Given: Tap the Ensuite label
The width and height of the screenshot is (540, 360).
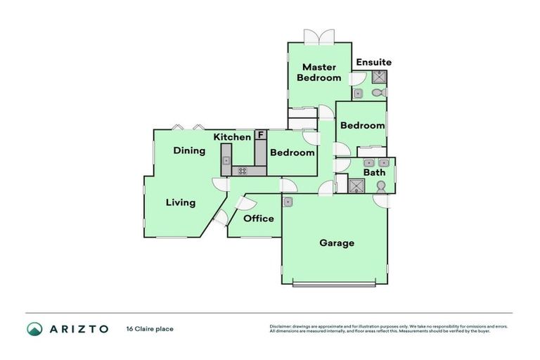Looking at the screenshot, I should point(373,62).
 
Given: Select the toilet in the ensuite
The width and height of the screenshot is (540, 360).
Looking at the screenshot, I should point(378,92).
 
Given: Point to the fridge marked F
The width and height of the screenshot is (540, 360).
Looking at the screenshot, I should point(260,134).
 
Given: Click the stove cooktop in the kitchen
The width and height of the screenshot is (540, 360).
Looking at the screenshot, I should point(243,170).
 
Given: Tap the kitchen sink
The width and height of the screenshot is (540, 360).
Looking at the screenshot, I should point(226,161).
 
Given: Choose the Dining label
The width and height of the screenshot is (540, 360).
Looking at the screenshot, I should point(189,150).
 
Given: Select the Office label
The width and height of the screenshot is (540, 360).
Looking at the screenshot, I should point(258,219).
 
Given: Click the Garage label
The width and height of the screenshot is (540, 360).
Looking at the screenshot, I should point(337,243).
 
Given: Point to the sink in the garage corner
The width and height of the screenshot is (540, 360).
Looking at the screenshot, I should point(288,202).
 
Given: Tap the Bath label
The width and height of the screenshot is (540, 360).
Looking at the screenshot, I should point(374,172).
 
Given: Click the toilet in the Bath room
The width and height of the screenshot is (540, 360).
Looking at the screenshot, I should point(380,186).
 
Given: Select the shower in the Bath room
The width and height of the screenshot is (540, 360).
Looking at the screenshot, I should point(357,185).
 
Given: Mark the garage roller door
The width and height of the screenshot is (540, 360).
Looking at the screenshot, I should point(334,285).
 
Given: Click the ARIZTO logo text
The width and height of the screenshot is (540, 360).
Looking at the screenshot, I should point(77,329).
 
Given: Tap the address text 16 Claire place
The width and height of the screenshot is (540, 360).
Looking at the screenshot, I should point(149,328).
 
